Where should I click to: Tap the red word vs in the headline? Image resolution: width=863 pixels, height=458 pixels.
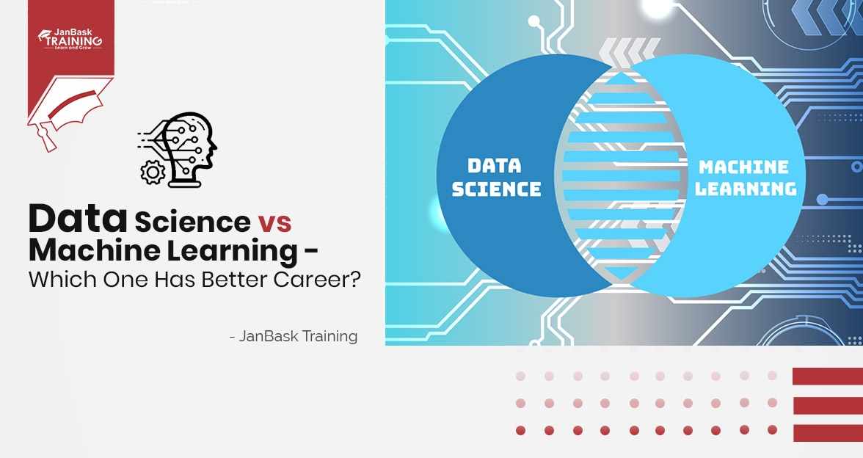coord(274,221)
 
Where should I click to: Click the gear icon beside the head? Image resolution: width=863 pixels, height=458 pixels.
coord(153,172)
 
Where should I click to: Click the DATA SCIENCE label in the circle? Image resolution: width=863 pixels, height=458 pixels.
coord(496,177)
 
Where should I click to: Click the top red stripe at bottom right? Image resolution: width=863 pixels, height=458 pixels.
coord(827,377)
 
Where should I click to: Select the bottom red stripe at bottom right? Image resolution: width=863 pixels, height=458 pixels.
coord(827,432)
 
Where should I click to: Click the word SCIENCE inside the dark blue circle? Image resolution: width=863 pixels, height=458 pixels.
coord(496,189)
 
